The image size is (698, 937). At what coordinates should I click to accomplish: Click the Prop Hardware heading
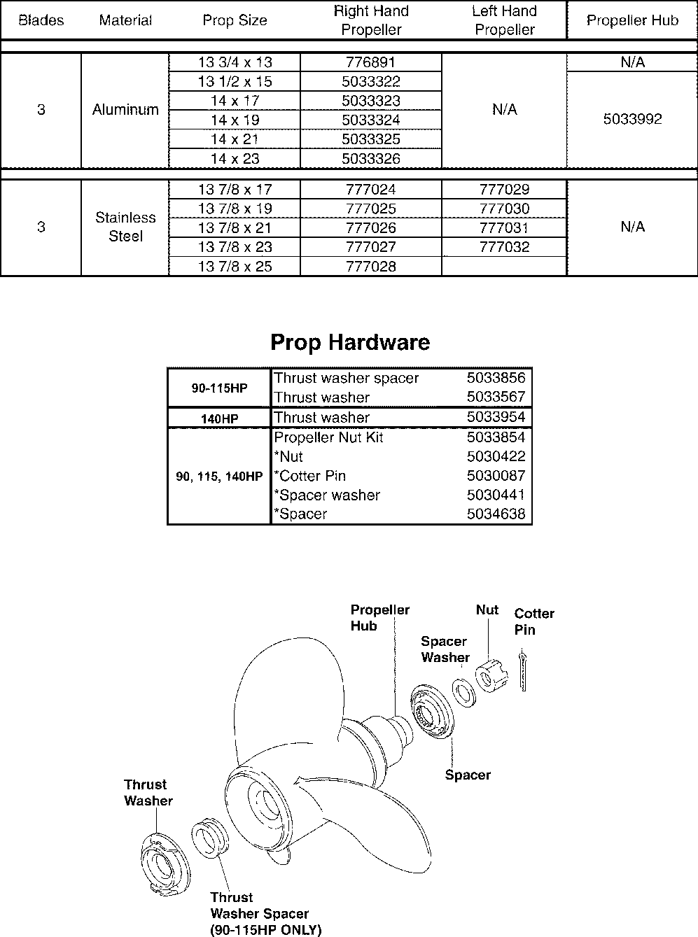coord(350,342)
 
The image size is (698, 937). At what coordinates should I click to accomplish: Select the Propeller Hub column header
coord(632,20)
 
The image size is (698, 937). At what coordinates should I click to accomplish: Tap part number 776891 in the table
coord(370,62)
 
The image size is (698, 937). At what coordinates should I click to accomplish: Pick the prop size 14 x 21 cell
coord(235,139)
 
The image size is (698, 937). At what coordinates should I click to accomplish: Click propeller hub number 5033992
coord(632,120)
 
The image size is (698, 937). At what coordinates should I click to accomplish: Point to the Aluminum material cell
coord(125,110)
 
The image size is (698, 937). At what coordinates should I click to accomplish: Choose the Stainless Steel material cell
coord(125,227)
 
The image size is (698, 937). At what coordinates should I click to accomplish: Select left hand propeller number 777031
coord(504,228)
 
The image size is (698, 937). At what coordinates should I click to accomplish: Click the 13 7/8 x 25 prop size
coord(235,267)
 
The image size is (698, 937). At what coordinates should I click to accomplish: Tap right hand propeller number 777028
coord(370,267)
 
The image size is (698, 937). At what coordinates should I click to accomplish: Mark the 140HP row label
coord(219,418)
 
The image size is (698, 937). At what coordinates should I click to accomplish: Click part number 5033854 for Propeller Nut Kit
coord(496,437)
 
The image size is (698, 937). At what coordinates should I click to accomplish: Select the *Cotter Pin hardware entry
coord(310,476)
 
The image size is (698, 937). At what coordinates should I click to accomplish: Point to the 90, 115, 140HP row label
coord(219,477)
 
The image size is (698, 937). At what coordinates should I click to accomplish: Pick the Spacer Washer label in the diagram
coord(445,649)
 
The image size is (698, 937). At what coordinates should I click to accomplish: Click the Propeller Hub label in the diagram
coord(379,618)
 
